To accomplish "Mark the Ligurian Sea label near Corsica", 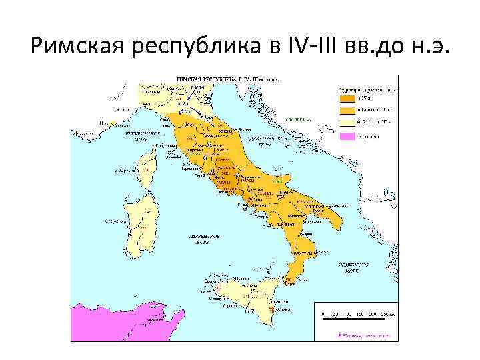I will [x=135, y=135].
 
